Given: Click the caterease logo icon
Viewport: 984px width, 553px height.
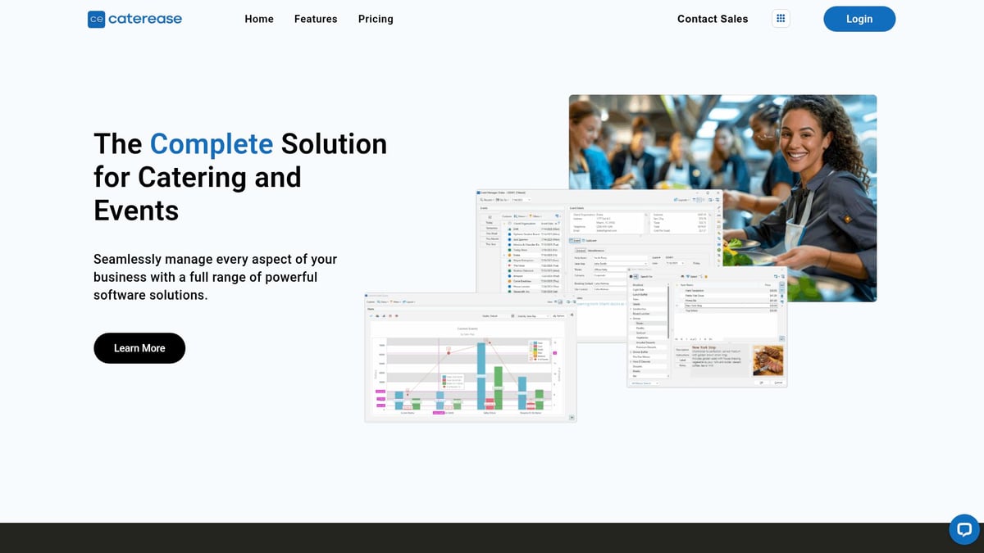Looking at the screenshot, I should [x=97, y=19].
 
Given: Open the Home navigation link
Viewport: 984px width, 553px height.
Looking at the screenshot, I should [x=259, y=19].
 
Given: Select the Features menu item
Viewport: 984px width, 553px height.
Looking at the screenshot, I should [x=316, y=19].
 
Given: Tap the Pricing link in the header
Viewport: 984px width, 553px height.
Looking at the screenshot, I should [x=376, y=19].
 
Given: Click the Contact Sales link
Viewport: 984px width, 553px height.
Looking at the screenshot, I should [x=713, y=19].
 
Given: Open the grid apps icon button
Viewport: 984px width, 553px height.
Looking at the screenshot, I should [x=781, y=19].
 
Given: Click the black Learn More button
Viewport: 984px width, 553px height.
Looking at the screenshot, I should [x=139, y=348].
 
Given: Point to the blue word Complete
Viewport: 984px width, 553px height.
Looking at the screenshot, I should [x=211, y=144].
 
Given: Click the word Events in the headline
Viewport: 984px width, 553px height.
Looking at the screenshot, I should [x=136, y=211].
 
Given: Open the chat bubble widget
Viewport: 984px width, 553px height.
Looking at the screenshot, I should [x=964, y=529].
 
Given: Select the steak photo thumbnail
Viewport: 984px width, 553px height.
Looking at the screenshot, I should [x=768, y=360].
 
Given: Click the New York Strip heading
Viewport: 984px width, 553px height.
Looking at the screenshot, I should [x=708, y=347].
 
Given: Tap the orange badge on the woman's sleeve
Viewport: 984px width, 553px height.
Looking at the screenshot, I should [x=845, y=219].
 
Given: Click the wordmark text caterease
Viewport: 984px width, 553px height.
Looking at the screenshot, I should [x=147, y=19].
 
